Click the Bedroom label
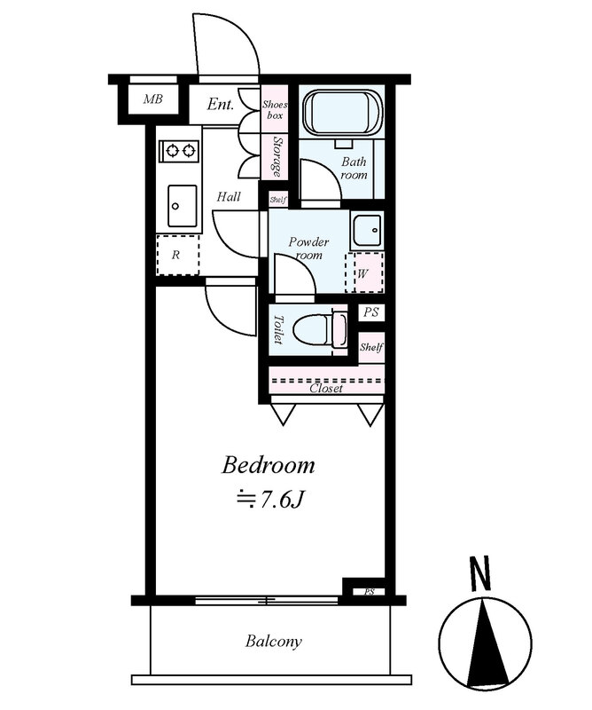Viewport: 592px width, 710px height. click(268, 466)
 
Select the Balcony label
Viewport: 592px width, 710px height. click(273, 642)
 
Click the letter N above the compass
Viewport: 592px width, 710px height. click(480, 573)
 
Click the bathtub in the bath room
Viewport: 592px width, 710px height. click(343, 114)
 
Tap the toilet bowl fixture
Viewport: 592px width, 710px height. click(320, 328)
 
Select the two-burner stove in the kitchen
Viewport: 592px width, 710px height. click(179, 150)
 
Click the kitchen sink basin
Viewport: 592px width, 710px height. click(183, 206)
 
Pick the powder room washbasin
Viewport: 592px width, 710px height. click(367, 231)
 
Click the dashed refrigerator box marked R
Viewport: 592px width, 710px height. click(178, 255)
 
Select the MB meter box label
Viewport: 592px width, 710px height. click(152, 99)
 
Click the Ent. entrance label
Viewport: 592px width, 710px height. click(221, 105)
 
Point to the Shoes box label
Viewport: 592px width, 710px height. click(275, 109)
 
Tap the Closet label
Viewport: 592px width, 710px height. click(326, 388)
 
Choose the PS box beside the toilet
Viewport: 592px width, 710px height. click(371, 312)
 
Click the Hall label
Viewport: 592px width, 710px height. click(229, 196)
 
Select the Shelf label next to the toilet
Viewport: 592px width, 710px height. click(371, 347)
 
